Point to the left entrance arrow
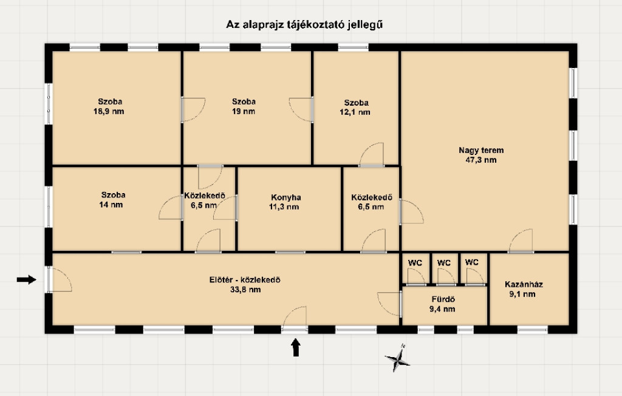click(27, 280)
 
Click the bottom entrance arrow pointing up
click(296, 347)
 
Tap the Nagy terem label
click(481, 151)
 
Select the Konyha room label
click(286, 197)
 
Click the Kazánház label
click(524, 284)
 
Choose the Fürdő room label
click(443, 299)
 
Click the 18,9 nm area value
click(109, 112)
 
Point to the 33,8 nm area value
click(245, 290)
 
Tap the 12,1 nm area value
click(355, 112)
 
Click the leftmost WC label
click(415, 262)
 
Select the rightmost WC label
click(471, 262)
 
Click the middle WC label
click(444, 262)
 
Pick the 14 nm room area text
click(111, 205)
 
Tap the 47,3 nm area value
click(481, 160)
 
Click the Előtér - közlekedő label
click(245, 280)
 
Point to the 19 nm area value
click(244, 112)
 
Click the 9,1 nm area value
click(522, 295)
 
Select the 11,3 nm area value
click(284, 207)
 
